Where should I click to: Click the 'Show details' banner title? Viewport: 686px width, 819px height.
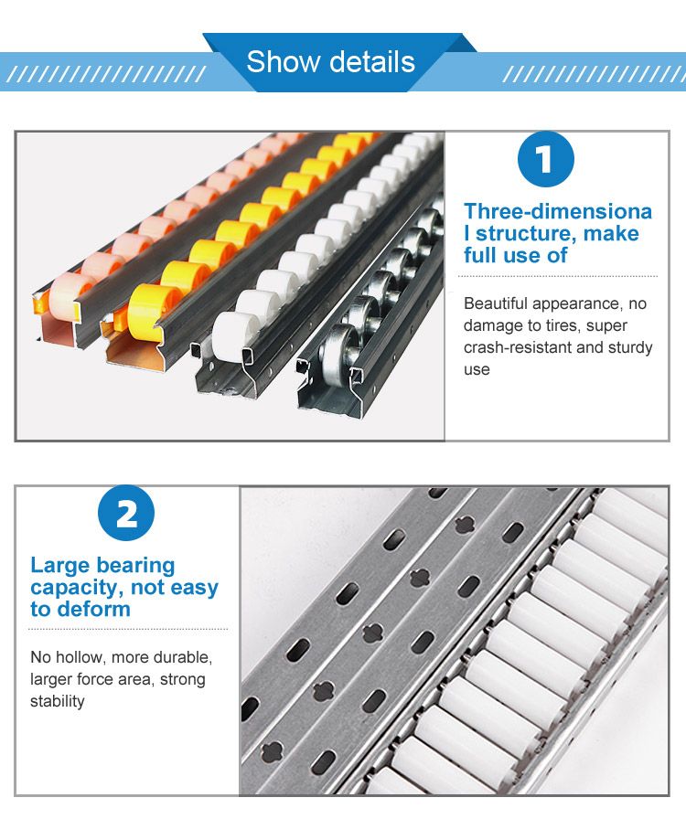[330, 61]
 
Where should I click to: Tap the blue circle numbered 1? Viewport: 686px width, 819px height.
[545, 159]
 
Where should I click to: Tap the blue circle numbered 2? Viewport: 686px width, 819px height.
[126, 513]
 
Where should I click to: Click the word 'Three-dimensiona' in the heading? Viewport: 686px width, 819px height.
[558, 211]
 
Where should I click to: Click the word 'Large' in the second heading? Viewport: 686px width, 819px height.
[59, 566]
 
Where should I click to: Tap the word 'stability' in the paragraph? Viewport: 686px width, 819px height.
[57, 701]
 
